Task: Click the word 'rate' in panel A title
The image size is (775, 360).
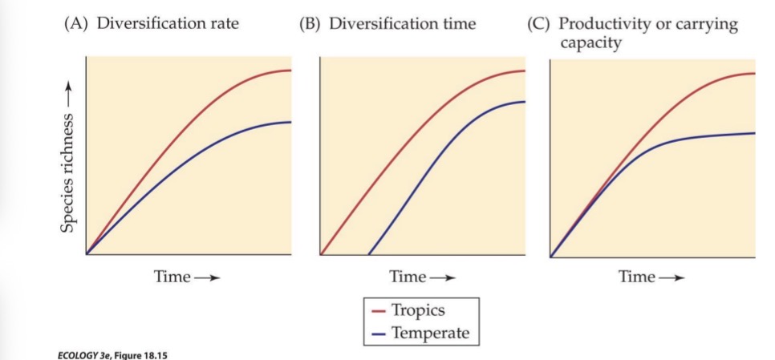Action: click(x=221, y=23)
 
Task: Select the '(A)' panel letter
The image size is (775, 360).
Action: click(x=77, y=23)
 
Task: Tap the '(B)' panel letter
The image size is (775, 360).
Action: click(x=311, y=23)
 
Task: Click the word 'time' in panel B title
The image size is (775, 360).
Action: click(x=458, y=23)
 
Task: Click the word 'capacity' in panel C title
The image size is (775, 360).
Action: click(x=590, y=42)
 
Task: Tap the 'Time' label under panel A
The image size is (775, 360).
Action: click(x=172, y=277)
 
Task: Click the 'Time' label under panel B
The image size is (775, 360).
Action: click(x=408, y=277)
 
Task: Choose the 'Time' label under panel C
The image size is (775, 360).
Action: click(x=637, y=277)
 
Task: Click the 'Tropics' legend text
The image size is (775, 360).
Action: click(x=418, y=311)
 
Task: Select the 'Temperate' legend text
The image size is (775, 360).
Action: click(x=430, y=333)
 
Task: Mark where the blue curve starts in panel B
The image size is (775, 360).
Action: click(x=368, y=254)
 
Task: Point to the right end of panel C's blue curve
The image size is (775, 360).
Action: click(x=754, y=133)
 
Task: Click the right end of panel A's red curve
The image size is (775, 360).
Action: click(x=290, y=71)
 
